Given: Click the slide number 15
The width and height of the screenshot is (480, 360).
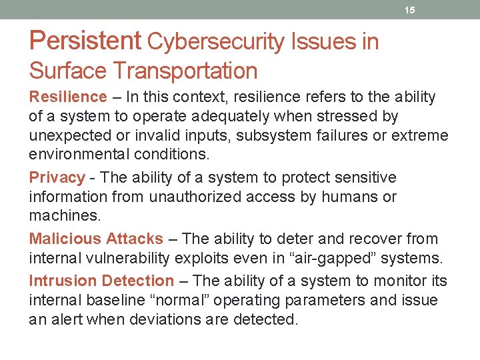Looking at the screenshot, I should click(x=410, y=11).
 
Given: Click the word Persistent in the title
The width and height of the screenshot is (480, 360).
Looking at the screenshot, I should click(x=85, y=41).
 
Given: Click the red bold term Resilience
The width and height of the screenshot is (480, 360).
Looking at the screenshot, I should click(x=68, y=97).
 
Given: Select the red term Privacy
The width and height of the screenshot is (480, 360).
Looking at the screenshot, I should click(x=57, y=177).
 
